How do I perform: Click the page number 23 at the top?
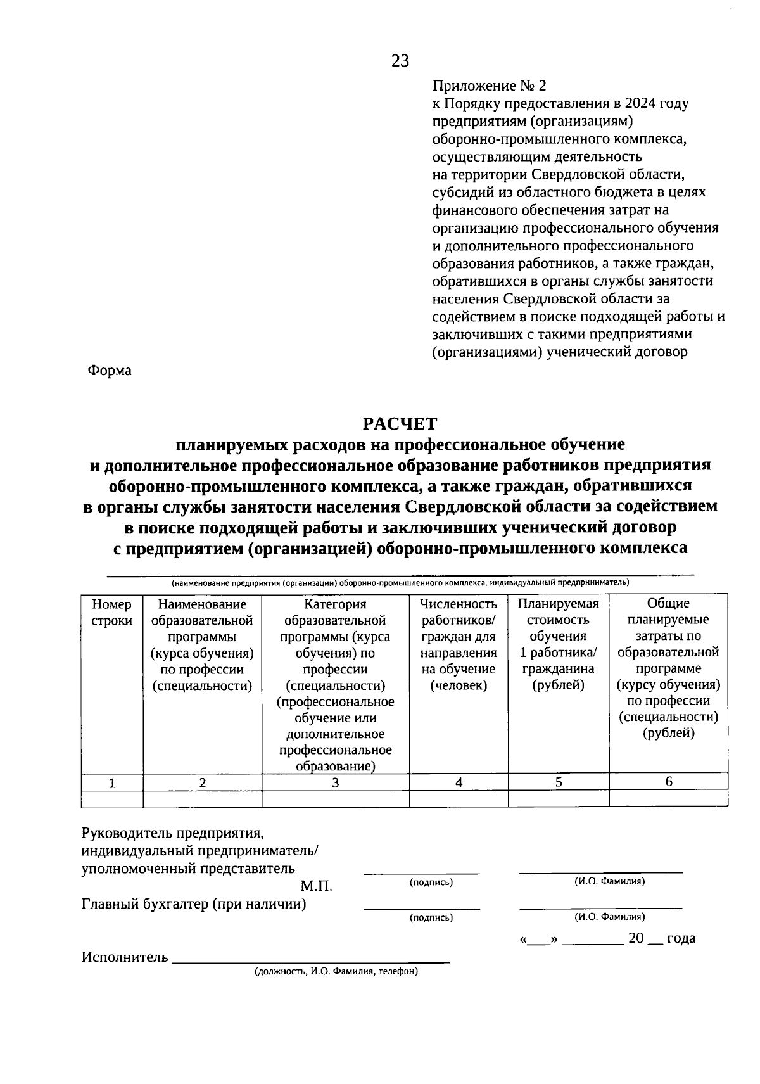point(400,61)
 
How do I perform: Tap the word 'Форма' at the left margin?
point(109,371)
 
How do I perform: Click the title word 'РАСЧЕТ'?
point(400,423)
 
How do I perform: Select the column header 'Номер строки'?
point(112,613)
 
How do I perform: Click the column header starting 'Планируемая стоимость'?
point(558,644)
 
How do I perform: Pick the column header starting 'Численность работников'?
point(459,644)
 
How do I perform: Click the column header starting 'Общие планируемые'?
point(668,668)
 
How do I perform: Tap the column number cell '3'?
point(335,783)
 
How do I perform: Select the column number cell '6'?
point(669,782)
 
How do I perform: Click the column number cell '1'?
point(112,783)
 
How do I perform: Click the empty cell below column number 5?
point(558,798)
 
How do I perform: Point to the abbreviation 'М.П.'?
point(316,886)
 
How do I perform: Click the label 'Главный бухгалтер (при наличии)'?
point(194,904)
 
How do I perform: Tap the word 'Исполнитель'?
point(125,957)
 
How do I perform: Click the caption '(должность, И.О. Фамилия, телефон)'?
point(336,971)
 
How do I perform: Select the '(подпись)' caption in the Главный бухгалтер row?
point(431,917)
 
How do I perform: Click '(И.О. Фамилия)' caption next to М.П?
point(609,881)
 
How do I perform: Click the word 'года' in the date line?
point(681,938)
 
